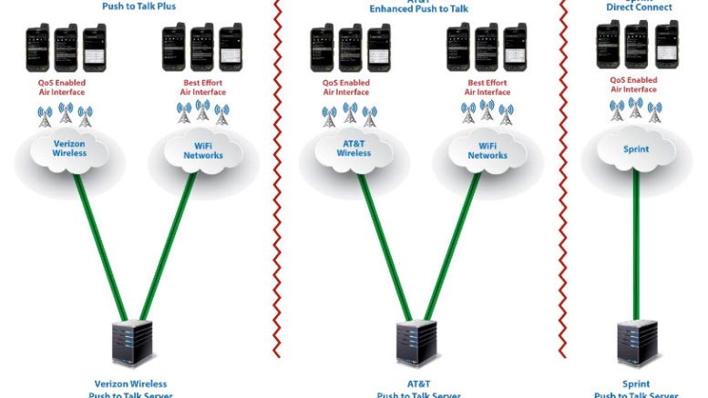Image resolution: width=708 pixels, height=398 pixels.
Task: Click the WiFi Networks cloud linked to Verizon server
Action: pyautogui.click(x=202, y=150)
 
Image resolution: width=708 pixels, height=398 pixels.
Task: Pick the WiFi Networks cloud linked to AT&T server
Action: pyautogui.click(x=487, y=150)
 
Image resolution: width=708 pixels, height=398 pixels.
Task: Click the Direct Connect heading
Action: pyautogui.click(x=639, y=7)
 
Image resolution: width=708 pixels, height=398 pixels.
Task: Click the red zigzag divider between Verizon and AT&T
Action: pyautogui.click(x=278, y=182)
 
